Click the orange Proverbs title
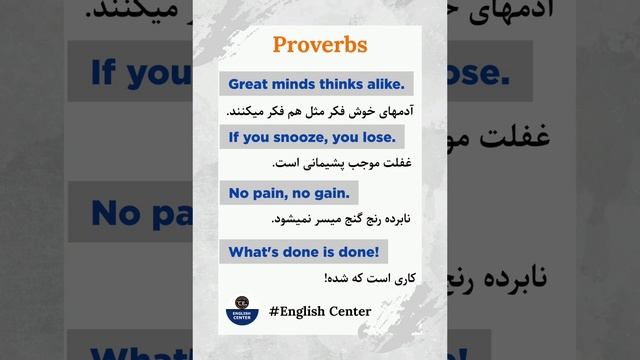point(319,46)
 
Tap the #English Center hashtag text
point(320,311)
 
